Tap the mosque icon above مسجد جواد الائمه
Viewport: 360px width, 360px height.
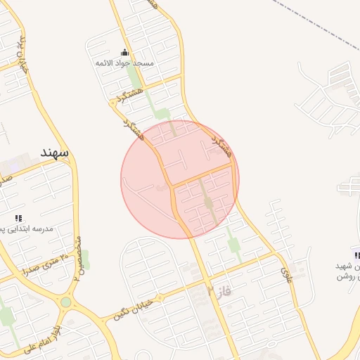tap(125, 53)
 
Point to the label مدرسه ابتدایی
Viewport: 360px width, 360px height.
tap(26, 229)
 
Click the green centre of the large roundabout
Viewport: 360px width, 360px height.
tap(66, 302)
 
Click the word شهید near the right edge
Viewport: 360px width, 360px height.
tap(342, 266)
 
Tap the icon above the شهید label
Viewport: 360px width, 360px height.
tap(357, 255)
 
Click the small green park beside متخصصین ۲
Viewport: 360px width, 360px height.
tap(84, 258)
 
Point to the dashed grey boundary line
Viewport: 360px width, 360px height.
tap(309, 21)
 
